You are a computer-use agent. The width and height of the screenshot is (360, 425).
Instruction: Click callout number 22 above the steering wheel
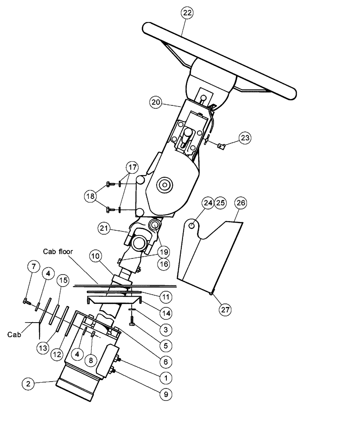(x=187, y=13)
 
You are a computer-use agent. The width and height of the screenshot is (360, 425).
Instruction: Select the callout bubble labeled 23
(x=245, y=138)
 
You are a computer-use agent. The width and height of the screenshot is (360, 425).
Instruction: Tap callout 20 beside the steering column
(x=156, y=102)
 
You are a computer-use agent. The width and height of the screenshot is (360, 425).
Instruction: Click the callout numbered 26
(x=240, y=203)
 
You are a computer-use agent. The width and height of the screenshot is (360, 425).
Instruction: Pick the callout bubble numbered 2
(x=28, y=383)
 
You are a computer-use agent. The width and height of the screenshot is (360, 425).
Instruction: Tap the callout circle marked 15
(x=64, y=281)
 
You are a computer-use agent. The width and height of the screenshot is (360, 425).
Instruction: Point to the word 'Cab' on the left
(x=14, y=334)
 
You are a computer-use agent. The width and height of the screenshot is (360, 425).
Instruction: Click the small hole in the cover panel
(x=192, y=225)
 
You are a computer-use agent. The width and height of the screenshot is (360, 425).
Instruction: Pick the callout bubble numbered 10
(x=96, y=257)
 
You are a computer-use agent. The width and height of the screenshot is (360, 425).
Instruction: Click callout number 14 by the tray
(x=166, y=313)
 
